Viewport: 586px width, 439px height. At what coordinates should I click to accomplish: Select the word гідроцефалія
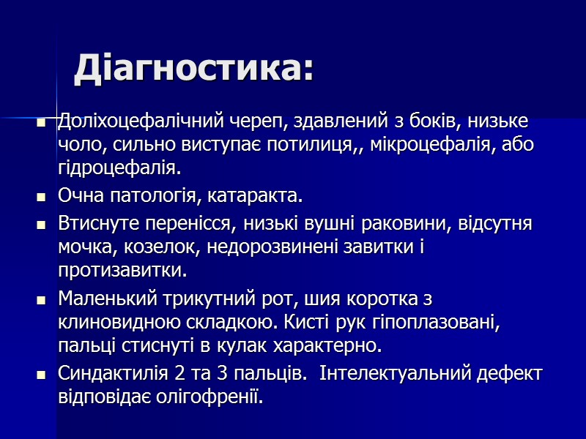click(x=118, y=168)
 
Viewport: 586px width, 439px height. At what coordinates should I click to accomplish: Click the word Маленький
click(x=99, y=299)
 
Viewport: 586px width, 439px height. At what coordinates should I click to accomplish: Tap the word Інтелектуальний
click(x=393, y=374)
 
